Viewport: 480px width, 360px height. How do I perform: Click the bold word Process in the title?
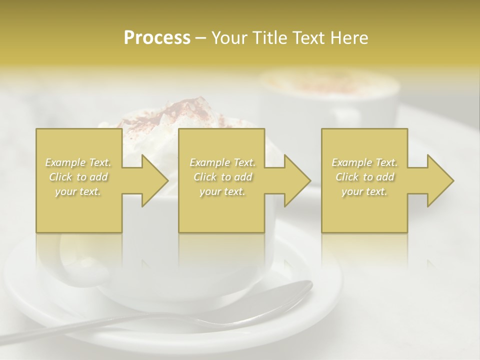[157, 37]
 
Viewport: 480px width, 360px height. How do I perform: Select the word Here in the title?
[349, 37]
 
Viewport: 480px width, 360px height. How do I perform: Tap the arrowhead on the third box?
[440, 180]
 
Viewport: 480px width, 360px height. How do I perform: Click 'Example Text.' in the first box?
[78, 162]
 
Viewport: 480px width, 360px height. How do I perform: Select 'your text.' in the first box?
[78, 191]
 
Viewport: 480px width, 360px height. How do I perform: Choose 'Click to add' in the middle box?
[222, 177]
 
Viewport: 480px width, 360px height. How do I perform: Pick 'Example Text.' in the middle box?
[222, 162]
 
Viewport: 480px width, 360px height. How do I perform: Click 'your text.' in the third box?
[364, 191]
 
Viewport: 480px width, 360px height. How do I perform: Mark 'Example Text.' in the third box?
[364, 162]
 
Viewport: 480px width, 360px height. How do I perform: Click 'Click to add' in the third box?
[364, 177]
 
